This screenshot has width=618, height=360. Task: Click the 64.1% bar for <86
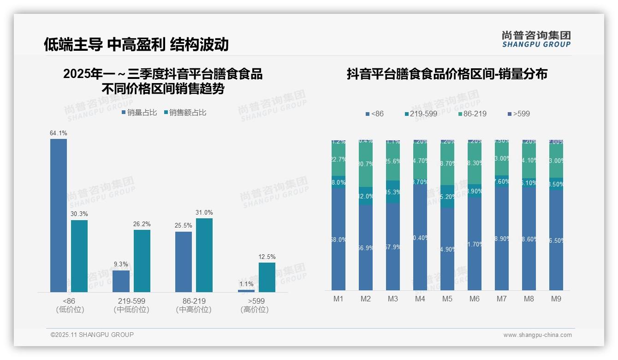[59, 215]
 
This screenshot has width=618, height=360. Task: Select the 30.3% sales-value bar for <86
[79, 256]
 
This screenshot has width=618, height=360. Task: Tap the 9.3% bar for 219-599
[121, 281]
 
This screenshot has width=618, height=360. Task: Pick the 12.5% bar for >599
[267, 277]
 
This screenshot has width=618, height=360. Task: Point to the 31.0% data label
[204, 213]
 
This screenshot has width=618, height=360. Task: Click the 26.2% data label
[142, 224]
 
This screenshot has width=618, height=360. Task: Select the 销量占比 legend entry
[139, 113]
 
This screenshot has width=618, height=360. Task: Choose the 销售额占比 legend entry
[185, 113]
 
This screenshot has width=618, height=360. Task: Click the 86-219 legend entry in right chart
[472, 114]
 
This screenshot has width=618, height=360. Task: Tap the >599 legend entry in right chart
[519, 114]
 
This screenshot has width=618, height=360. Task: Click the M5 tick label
[447, 299]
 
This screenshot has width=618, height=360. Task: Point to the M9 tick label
[556, 299]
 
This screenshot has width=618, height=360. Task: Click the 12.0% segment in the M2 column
[366, 196]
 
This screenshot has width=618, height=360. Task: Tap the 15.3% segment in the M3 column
[393, 192]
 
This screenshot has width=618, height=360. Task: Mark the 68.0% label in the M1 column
[339, 240]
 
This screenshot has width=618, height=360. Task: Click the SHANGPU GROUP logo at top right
[536, 39]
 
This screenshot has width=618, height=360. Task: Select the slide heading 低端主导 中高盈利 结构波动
[137, 44]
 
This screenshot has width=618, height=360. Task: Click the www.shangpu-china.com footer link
[537, 335]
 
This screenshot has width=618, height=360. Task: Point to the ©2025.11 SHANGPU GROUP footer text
[92, 335]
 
